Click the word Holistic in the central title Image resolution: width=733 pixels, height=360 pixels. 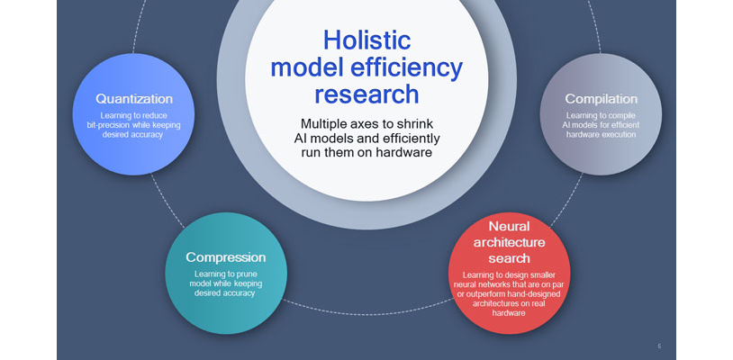pos(366,40)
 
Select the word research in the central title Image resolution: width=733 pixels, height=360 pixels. pos(366,94)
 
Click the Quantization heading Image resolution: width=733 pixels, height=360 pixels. pos(134,98)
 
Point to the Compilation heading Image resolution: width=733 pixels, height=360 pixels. pos(601,98)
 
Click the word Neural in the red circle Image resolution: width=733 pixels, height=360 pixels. pos(509,226)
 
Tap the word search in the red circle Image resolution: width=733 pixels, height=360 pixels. pos(509,258)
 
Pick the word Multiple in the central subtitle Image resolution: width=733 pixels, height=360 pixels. pos(328,122)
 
